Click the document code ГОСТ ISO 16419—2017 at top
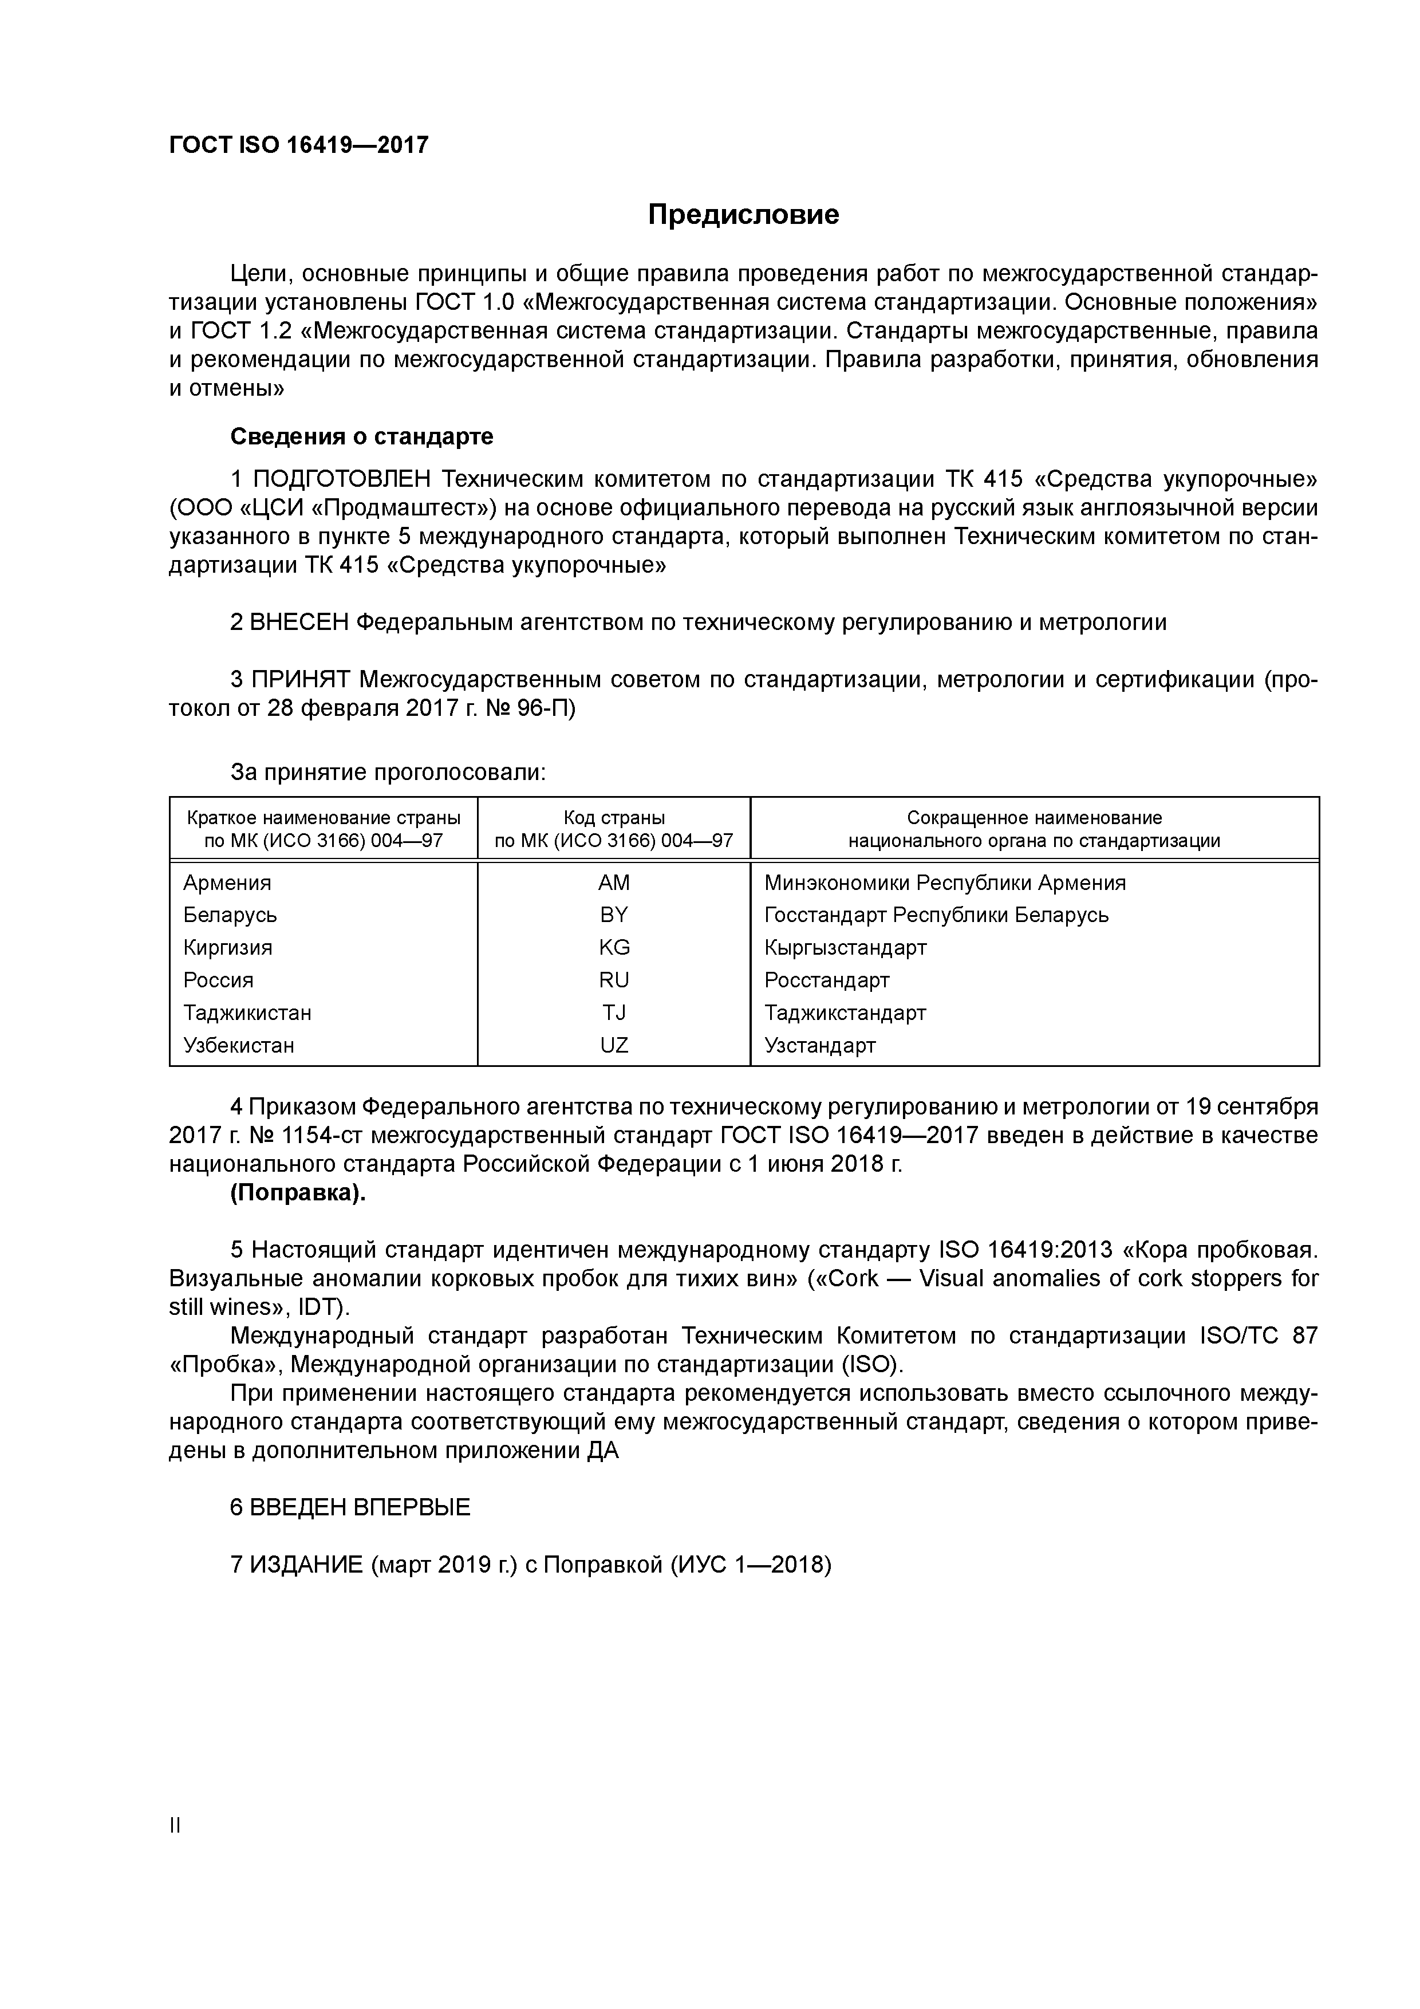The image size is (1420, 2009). coord(298,145)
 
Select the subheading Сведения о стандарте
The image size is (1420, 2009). coord(361,436)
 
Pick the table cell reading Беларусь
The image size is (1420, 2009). coord(230,915)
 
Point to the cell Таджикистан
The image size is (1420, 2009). coord(247,1013)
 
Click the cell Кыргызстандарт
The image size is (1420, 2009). coord(845,948)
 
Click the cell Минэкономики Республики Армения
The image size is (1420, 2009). coord(945,883)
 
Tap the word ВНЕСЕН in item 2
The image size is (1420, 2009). coord(299,622)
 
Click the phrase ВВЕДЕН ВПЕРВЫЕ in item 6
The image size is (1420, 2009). coord(360,1507)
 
